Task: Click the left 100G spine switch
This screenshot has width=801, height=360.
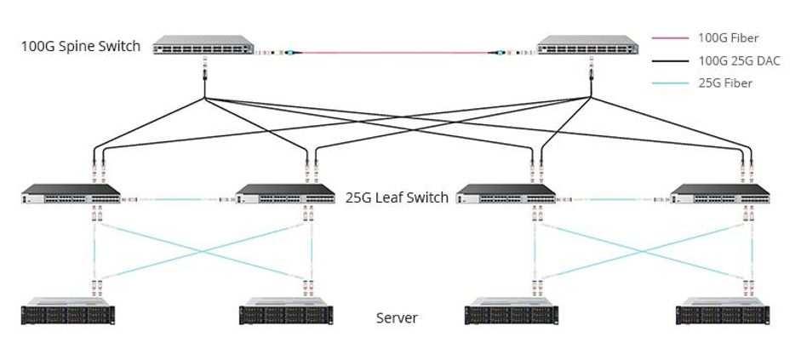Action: [204, 46]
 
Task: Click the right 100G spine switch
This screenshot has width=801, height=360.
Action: [589, 46]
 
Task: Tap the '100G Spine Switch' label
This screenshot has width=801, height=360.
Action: [81, 46]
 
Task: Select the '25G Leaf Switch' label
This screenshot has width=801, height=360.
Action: [397, 197]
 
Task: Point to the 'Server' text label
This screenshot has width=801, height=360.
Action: [397, 318]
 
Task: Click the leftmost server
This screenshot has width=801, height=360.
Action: [68, 311]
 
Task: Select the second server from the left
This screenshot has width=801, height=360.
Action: [286, 311]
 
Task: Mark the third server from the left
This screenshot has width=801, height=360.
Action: [511, 311]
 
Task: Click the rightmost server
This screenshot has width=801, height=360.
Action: [723, 311]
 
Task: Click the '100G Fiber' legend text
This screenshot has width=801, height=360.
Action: [728, 38]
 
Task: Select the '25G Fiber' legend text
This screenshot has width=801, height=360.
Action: [725, 83]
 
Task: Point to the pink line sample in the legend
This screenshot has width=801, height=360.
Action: [670, 38]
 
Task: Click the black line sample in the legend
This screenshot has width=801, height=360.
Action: [670, 60]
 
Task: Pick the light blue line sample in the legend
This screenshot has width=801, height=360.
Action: [670, 83]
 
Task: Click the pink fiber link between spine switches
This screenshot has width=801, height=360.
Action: [396, 53]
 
